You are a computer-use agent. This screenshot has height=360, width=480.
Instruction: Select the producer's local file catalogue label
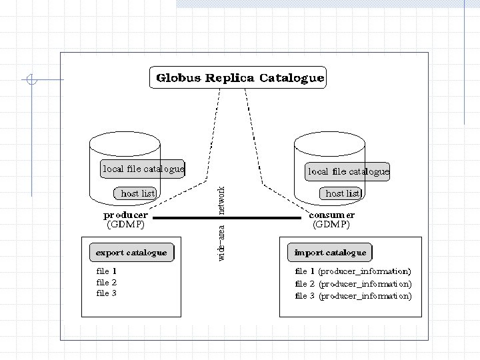tap(143, 169)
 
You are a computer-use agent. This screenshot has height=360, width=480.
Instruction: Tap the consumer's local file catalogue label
tap(348, 171)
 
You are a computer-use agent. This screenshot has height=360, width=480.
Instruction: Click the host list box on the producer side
tap(137, 193)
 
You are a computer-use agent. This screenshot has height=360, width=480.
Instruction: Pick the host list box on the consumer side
tap(343, 193)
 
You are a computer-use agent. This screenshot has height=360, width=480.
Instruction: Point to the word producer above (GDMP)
tap(126, 215)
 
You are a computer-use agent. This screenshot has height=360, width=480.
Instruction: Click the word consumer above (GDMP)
tap(331, 215)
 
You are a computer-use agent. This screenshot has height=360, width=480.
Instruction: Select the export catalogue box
tap(131, 253)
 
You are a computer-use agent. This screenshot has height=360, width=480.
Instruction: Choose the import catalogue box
tap(331, 253)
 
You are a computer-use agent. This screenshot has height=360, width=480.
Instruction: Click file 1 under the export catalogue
tap(107, 271)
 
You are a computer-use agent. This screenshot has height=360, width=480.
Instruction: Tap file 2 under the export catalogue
tap(107, 283)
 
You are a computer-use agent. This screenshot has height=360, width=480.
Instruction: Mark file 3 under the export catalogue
tap(107, 293)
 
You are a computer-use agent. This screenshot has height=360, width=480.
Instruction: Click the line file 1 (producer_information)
tap(353, 271)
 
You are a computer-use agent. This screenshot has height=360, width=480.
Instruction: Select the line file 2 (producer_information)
tap(353, 283)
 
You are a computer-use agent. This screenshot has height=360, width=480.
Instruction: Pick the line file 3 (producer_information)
tap(353, 295)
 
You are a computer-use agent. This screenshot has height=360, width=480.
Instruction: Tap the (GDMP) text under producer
tap(126, 225)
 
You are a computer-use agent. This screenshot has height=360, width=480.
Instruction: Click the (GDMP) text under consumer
tap(331, 225)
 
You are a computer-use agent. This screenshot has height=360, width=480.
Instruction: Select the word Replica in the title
tap(230, 77)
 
